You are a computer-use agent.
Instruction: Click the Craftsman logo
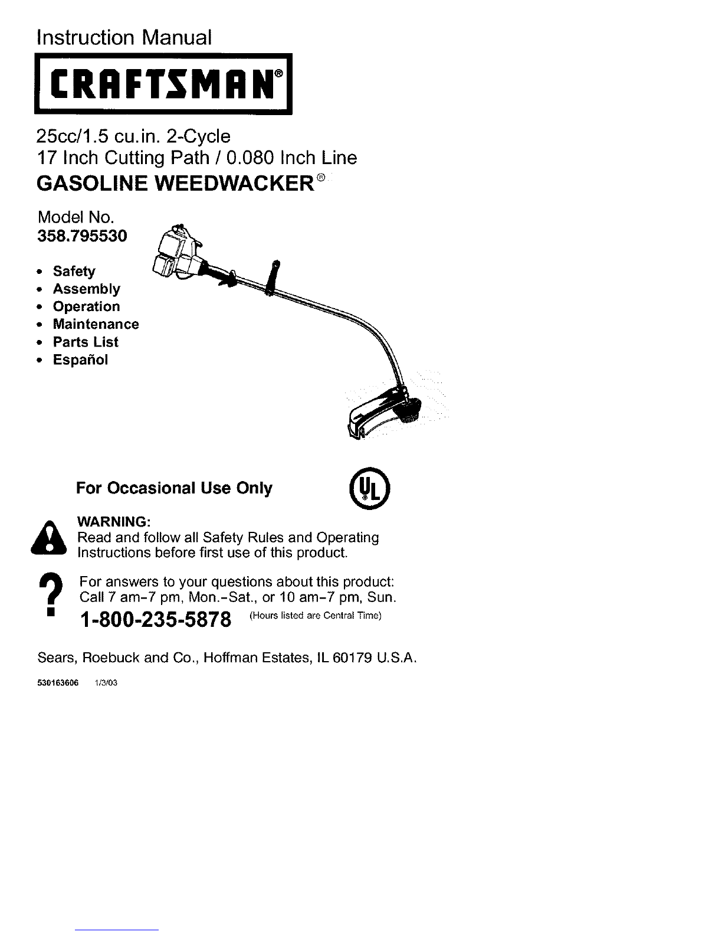click(163, 84)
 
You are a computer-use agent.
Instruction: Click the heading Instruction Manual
click(124, 37)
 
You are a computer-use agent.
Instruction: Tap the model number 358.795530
click(82, 236)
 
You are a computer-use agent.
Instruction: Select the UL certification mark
click(369, 488)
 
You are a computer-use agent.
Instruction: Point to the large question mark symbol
click(51, 594)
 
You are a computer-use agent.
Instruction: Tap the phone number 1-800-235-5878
click(156, 620)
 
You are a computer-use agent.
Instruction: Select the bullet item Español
click(80, 359)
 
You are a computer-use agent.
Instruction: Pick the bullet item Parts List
click(86, 342)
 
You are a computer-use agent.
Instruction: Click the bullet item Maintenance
click(96, 324)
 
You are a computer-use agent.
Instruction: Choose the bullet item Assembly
click(87, 289)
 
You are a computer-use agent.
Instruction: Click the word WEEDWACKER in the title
click(235, 184)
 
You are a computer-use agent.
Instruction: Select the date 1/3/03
click(106, 683)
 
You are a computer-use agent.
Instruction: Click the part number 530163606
click(58, 683)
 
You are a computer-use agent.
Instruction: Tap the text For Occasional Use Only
click(174, 488)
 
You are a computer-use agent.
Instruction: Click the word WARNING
click(113, 521)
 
